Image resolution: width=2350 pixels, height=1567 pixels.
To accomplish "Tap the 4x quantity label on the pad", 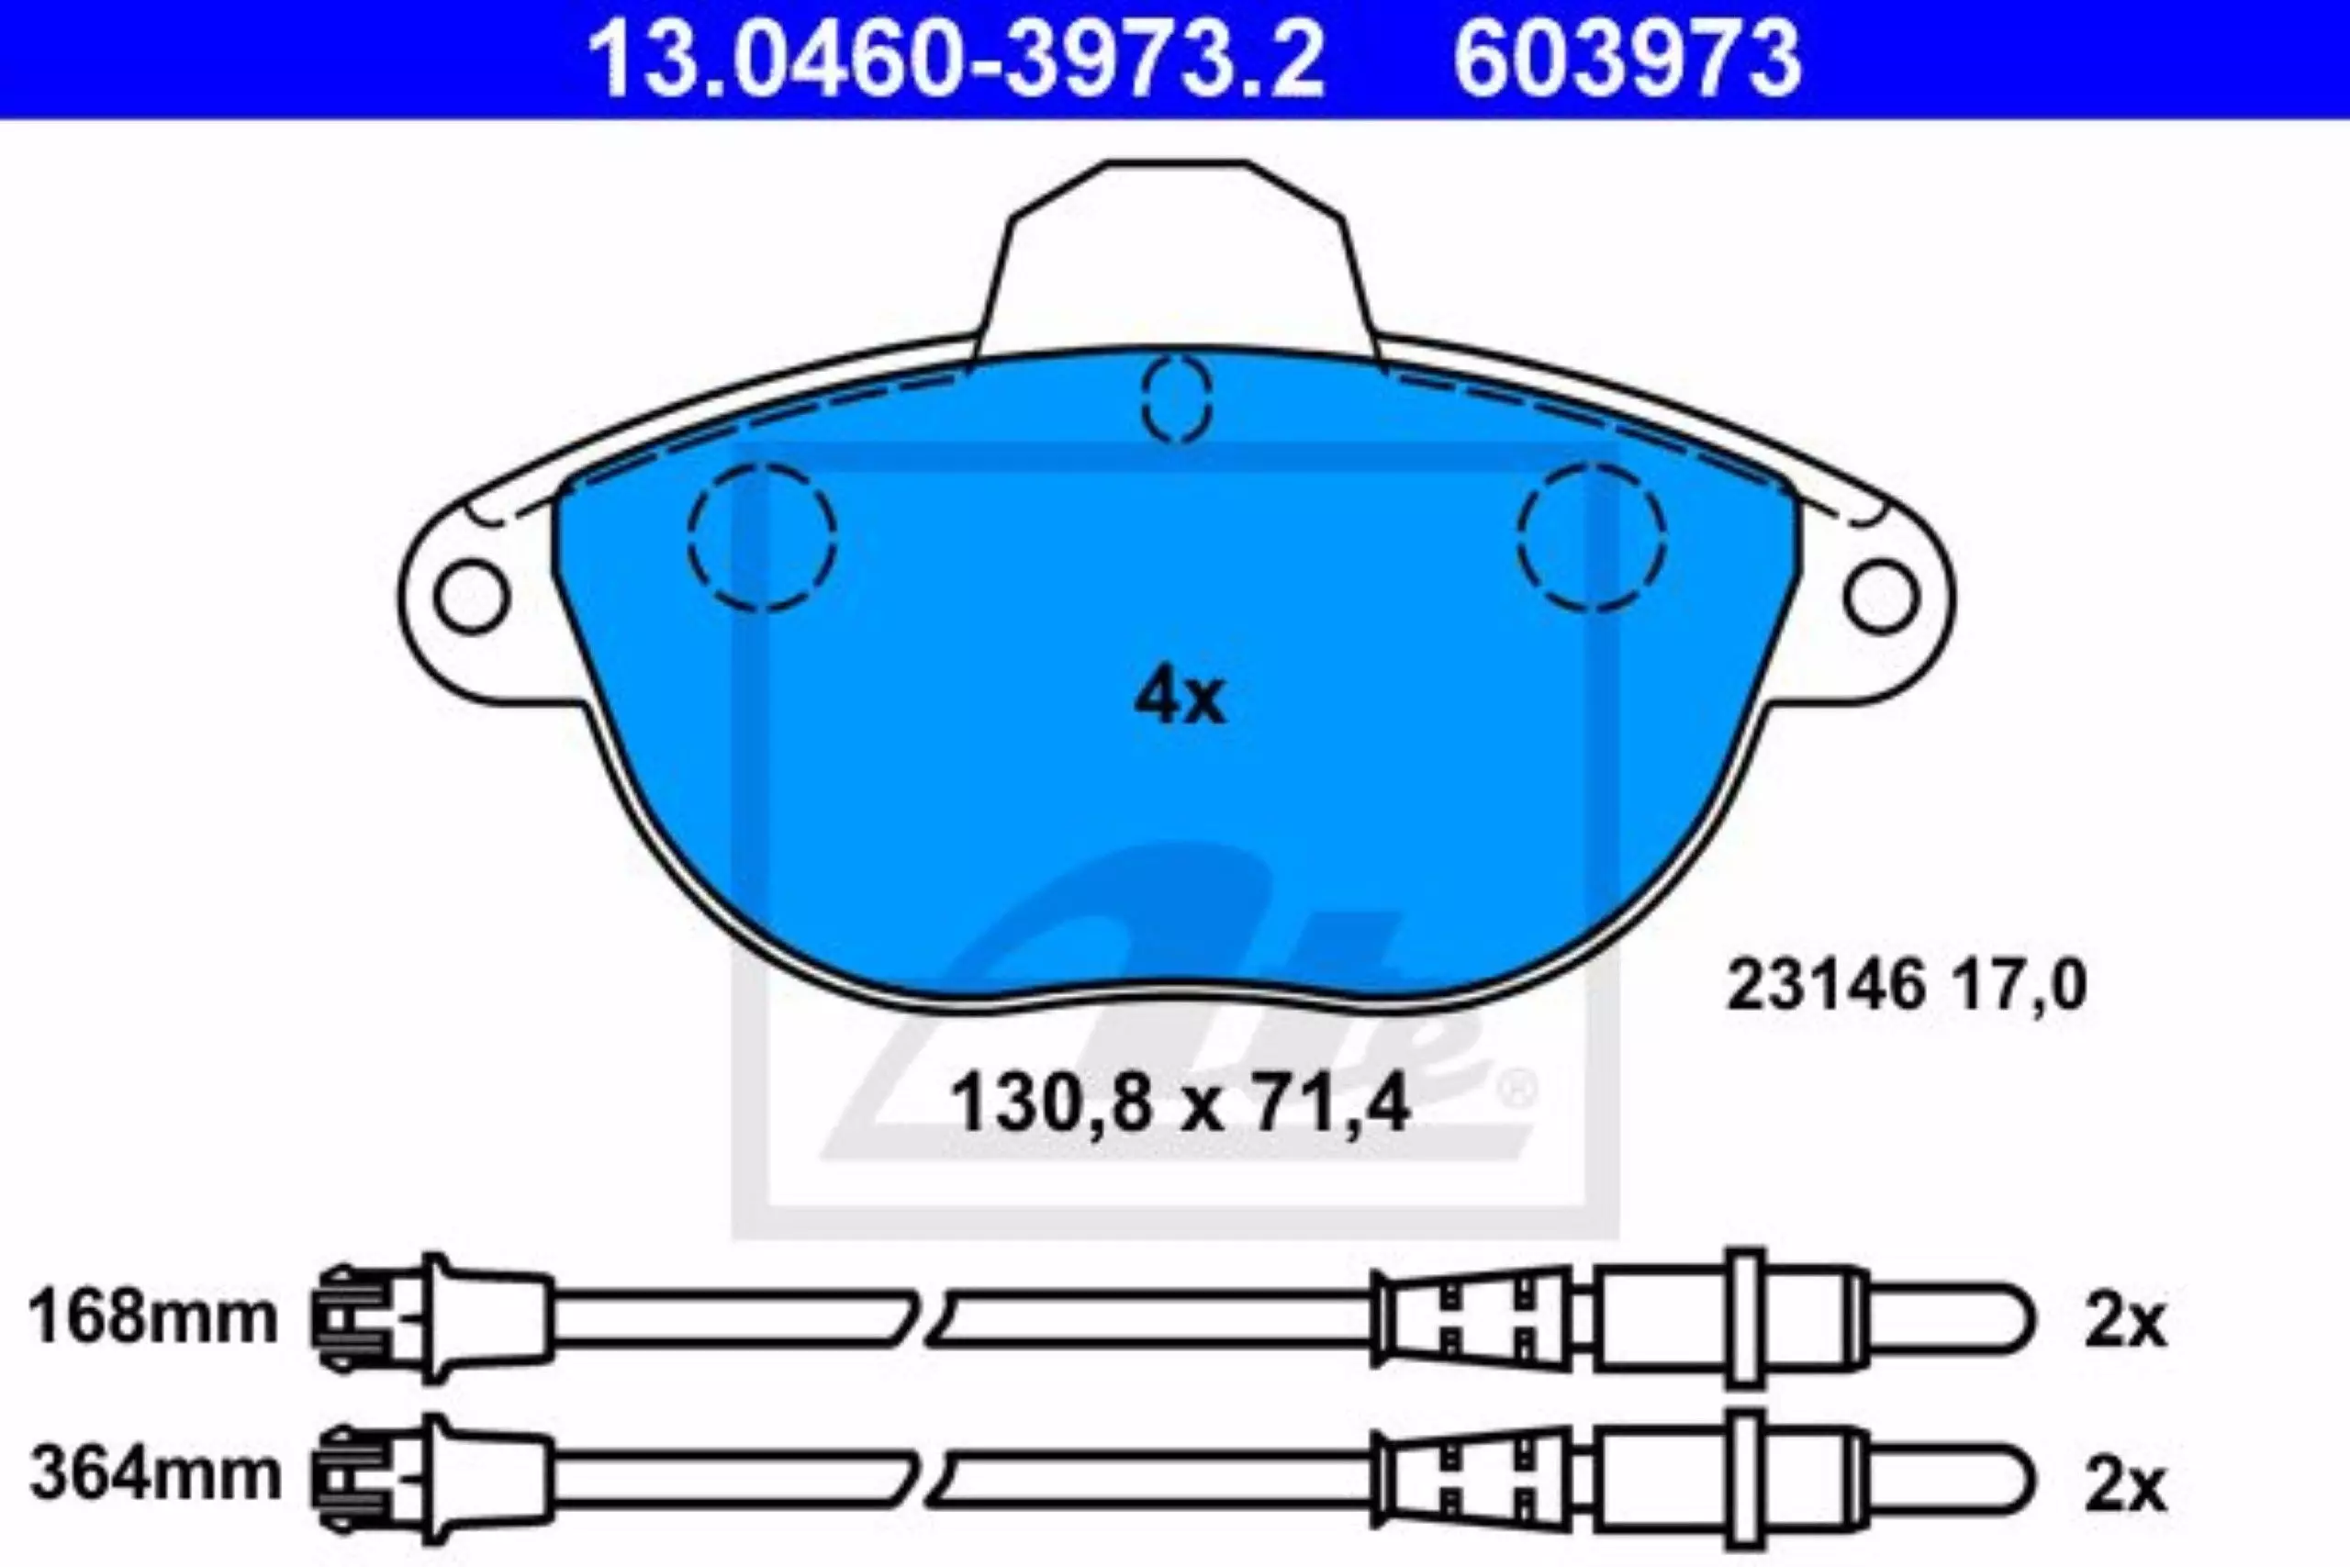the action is pyautogui.click(x=1179, y=699).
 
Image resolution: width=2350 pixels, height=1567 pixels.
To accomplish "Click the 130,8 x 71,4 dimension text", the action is pyautogui.click(x=1180, y=1104).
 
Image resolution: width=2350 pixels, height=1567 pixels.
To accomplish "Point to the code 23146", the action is pyautogui.click(x=1827, y=985).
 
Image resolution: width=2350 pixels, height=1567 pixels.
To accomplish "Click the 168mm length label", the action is pyautogui.click(x=153, y=1317).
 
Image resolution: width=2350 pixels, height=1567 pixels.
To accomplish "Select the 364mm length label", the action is pyautogui.click(x=155, y=1473).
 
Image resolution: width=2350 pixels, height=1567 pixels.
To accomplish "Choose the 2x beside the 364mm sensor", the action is pyautogui.click(x=2124, y=1486).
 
